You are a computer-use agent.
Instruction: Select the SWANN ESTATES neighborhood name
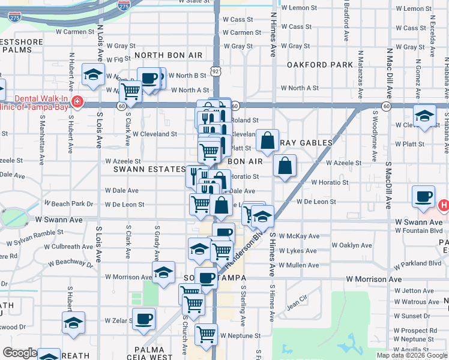click(x=151, y=170)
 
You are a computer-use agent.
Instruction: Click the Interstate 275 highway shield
click(x=123, y=5)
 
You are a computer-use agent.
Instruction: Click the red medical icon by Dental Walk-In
click(x=76, y=101)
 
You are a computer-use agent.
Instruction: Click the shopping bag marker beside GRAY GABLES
click(x=267, y=140)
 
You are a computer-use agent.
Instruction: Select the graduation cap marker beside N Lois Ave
click(x=93, y=74)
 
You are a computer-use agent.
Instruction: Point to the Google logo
click(x=20, y=353)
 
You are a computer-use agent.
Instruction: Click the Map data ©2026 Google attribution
click(x=412, y=355)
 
